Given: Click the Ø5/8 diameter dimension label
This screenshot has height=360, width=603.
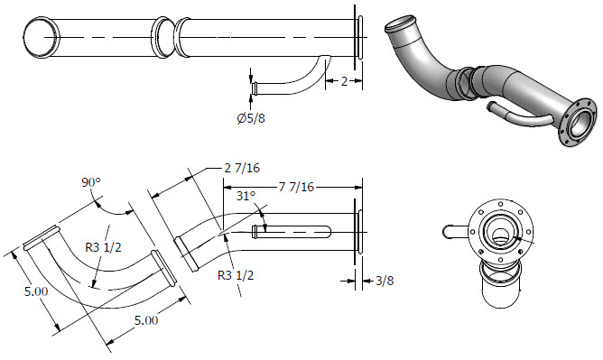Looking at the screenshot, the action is pyautogui.click(x=251, y=118).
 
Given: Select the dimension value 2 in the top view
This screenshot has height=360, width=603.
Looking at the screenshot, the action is pyautogui.click(x=344, y=81).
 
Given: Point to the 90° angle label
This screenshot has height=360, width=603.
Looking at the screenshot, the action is pyautogui.click(x=91, y=182).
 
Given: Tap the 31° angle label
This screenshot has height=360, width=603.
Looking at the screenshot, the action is pyautogui.click(x=246, y=196).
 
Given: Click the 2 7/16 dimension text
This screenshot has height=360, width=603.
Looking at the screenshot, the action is pyautogui.click(x=242, y=168).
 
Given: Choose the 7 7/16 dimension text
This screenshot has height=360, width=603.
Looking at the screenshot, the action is pyautogui.click(x=296, y=187).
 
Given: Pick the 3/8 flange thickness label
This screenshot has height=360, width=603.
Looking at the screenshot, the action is pyautogui.click(x=385, y=281).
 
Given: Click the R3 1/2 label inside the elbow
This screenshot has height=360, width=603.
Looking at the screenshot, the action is pyautogui.click(x=103, y=247).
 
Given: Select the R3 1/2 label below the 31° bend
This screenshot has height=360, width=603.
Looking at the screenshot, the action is pyautogui.click(x=236, y=275).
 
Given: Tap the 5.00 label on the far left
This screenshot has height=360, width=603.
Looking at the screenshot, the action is pyautogui.click(x=36, y=291).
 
